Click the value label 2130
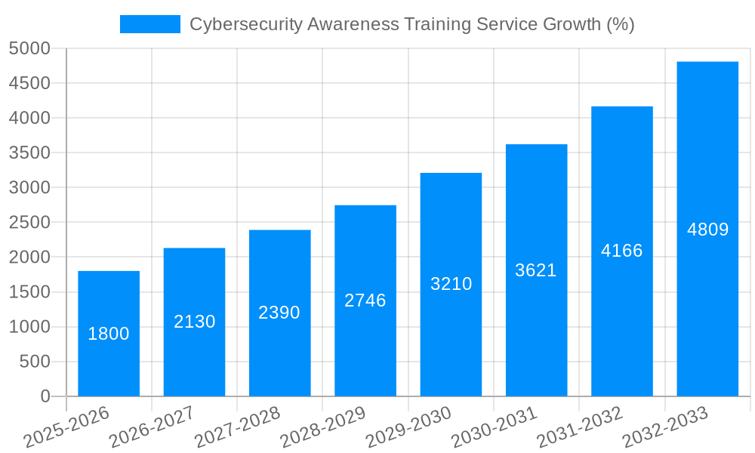[195, 322]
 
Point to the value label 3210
[451, 284]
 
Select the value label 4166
[622, 251]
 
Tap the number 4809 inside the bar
[707, 230]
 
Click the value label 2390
[279, 313]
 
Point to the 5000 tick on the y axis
[29, 49]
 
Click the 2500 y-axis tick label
[29, 223]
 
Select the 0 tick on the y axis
[45, 396]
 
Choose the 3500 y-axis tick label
[29, 153]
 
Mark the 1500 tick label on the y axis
[29, 292]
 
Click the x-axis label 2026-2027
[152, 427]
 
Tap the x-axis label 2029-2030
[408, 427]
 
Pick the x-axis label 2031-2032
[580, 427]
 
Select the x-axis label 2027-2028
[237, 427]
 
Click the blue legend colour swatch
[150, 24]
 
